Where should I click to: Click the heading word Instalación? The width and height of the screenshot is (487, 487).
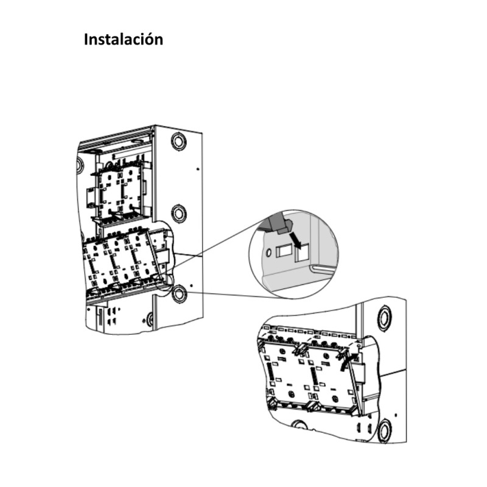(124, 40)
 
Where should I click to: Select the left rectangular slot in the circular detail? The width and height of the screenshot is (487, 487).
(282, 251)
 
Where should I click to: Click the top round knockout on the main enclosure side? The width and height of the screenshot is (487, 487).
(178, 141)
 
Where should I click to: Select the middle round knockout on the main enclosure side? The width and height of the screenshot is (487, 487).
(179, 213)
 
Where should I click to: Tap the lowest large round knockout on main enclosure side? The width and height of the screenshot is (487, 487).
(179, 293)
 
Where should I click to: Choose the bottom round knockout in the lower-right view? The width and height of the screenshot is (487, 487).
(385, 430)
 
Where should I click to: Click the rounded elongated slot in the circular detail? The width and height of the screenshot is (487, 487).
(323, 268)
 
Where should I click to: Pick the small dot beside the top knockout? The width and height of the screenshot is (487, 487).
(197, 169)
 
